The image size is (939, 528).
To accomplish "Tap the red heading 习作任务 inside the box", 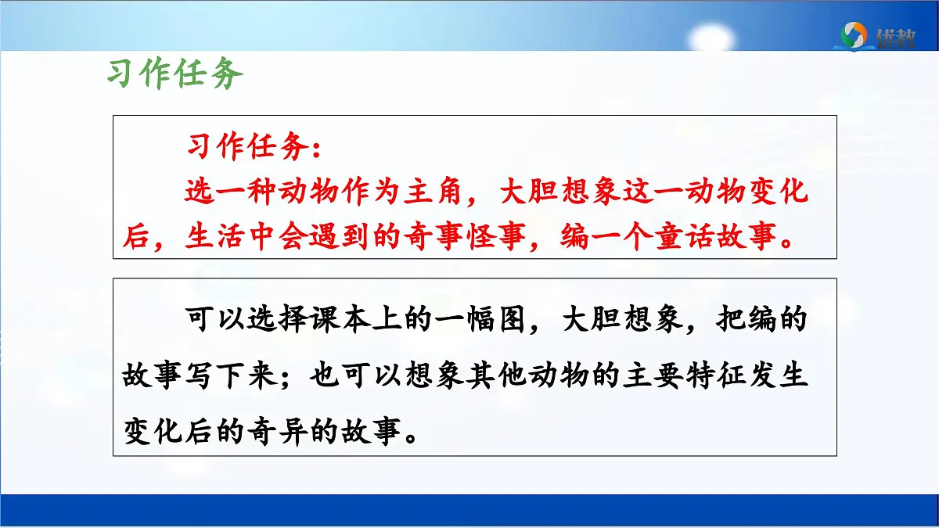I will click(253, 146).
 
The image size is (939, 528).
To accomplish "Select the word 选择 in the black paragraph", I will click(271, 321).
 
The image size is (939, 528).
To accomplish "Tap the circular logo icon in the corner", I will click(854, 34).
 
